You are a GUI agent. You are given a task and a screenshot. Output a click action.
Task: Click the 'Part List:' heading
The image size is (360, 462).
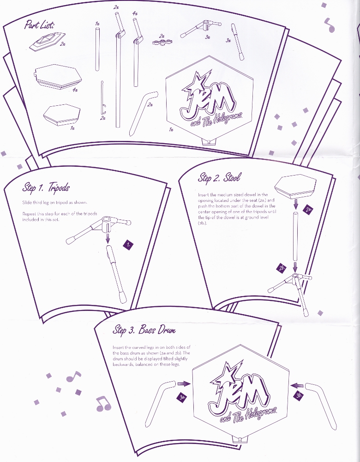[39, 24]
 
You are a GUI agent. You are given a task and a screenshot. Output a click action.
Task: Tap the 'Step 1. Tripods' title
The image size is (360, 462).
[46, 188]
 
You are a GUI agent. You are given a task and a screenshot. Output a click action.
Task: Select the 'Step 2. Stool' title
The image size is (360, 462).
[219, 177]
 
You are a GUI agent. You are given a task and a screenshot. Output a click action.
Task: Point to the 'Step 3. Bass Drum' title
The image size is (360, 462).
[144, 330]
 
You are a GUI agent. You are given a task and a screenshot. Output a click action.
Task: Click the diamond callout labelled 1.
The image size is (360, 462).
[128, 244]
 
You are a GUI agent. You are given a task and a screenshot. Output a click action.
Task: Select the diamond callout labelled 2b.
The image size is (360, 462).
[282, 268]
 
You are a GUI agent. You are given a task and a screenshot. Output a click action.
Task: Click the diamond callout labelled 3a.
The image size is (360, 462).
[182, 397]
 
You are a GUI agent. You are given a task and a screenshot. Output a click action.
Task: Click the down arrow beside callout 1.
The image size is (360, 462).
[108, 237]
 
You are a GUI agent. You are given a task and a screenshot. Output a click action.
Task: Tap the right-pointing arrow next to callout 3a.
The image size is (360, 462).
[184, 383]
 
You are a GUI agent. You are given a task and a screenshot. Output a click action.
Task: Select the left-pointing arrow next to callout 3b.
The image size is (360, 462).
[297, 385]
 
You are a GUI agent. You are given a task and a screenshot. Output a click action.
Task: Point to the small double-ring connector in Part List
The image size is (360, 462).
[162, 42]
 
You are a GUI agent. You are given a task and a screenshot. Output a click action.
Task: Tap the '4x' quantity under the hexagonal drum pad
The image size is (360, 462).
[75, 90]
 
